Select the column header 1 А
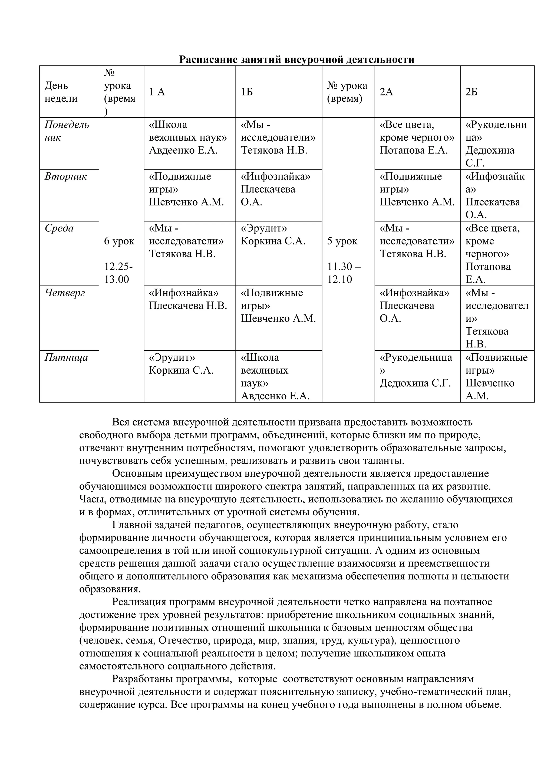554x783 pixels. point(157,92)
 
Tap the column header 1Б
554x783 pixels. point(247,92)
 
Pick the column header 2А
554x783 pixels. point(386,92)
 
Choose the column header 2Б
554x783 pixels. point(471,92)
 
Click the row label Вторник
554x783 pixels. point(65,177)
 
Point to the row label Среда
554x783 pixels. point(59,228)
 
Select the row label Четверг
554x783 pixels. point(65,293)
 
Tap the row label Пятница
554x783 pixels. point(66,358)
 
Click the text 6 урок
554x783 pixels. point(119,241)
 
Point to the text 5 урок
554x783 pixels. point(342,241)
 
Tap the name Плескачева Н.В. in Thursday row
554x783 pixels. point(188,306)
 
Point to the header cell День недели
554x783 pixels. point(61,92)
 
